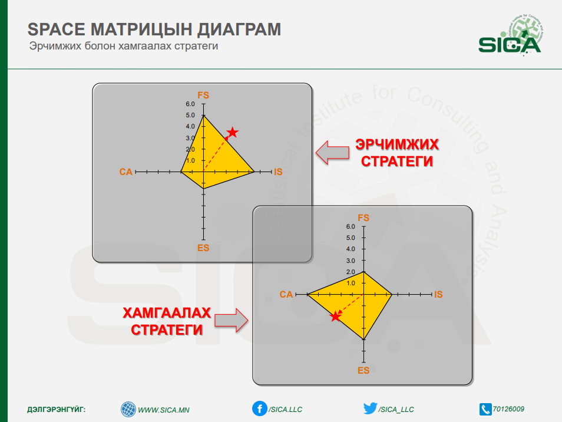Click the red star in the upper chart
233,132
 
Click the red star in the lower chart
335,316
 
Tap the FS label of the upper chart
203,95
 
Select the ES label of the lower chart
363,370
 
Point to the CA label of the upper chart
126,172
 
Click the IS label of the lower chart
438,295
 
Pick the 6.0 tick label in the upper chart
190,104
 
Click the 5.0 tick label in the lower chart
351,238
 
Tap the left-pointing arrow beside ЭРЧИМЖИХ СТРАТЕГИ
332,153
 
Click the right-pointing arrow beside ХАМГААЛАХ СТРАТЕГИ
231,320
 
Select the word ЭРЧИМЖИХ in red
397,144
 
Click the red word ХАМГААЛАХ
167,313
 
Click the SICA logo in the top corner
510,35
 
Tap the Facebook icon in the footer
259,408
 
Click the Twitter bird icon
370,408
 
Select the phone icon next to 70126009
485,409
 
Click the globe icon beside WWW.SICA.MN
128,410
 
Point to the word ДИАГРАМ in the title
239,29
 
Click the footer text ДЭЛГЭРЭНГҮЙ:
57,410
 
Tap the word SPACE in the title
57,29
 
